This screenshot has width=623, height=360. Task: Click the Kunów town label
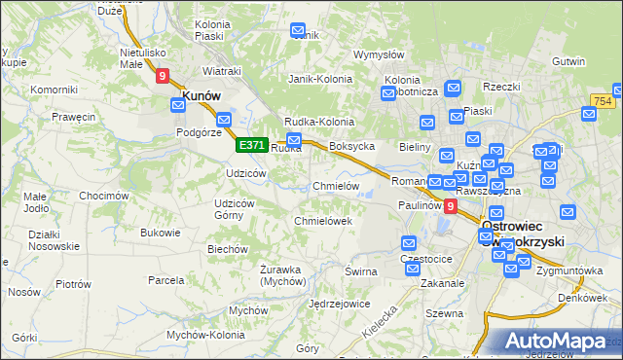[200, 95]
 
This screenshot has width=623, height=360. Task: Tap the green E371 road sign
[251, 145]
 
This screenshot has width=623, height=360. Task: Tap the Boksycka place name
[352, 147]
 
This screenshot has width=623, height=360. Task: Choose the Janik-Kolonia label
[318, 79]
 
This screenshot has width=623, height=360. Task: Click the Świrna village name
[360, 271]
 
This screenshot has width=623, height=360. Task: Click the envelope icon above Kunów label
[188, 72]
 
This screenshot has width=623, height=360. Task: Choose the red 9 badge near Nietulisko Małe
[162, 74]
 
